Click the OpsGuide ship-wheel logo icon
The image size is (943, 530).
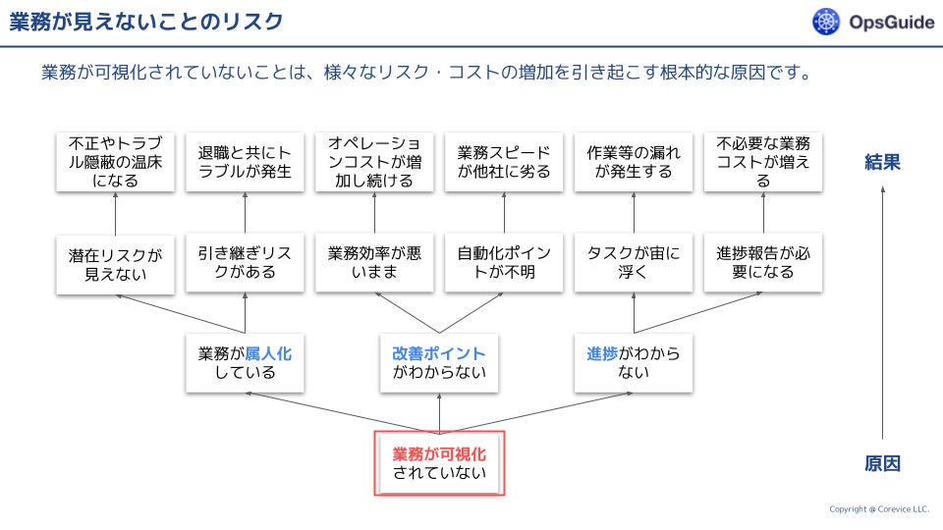tap(827, 22)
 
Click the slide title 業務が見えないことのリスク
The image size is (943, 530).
tap(146, 22)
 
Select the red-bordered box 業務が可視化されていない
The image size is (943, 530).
tap(439, 463)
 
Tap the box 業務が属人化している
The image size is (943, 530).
tap(245, 363)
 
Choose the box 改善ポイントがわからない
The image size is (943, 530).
tap(439, 363)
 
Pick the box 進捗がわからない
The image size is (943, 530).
tap(634, 363)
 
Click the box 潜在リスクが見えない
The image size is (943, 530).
tap(115, 263)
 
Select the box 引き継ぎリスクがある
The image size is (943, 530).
tap(245, 263)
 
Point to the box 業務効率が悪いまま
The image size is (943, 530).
tap(374, 263)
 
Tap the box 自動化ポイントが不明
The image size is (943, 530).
tap(504, 263)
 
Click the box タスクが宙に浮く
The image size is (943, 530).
tap(634, 263)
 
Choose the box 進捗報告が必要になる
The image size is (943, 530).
tap(763, 263)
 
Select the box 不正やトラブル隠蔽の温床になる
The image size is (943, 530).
tap(115, 163)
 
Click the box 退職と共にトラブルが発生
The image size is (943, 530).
tap(245, 163)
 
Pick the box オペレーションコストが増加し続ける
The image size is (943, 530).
tap(374, 163)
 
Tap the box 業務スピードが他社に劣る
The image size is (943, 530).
tap(504, 163)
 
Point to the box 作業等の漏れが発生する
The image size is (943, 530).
tap(634, 163)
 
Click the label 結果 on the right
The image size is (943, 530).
tap(882, 162)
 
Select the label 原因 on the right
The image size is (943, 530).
tap(882, 463)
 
